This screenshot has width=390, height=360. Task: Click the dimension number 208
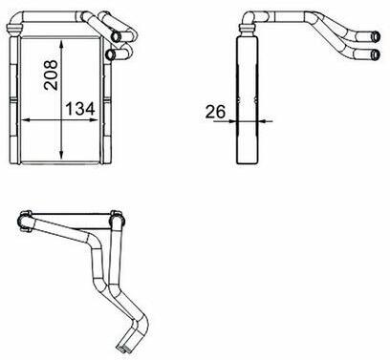[51, 75]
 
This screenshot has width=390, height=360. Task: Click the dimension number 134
[80, 109]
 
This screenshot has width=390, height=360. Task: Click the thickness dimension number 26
[215, 112]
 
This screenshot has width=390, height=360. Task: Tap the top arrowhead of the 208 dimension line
[61, 44]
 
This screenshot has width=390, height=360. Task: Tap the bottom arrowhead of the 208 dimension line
[61, 155]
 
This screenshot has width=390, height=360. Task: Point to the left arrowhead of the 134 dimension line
[26, 120]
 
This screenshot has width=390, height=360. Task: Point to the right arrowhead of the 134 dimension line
[94, 120]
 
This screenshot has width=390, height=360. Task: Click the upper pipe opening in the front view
[115, 36]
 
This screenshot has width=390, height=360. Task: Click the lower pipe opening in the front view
[110, 54]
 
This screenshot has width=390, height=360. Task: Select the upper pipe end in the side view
[376, 36]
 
